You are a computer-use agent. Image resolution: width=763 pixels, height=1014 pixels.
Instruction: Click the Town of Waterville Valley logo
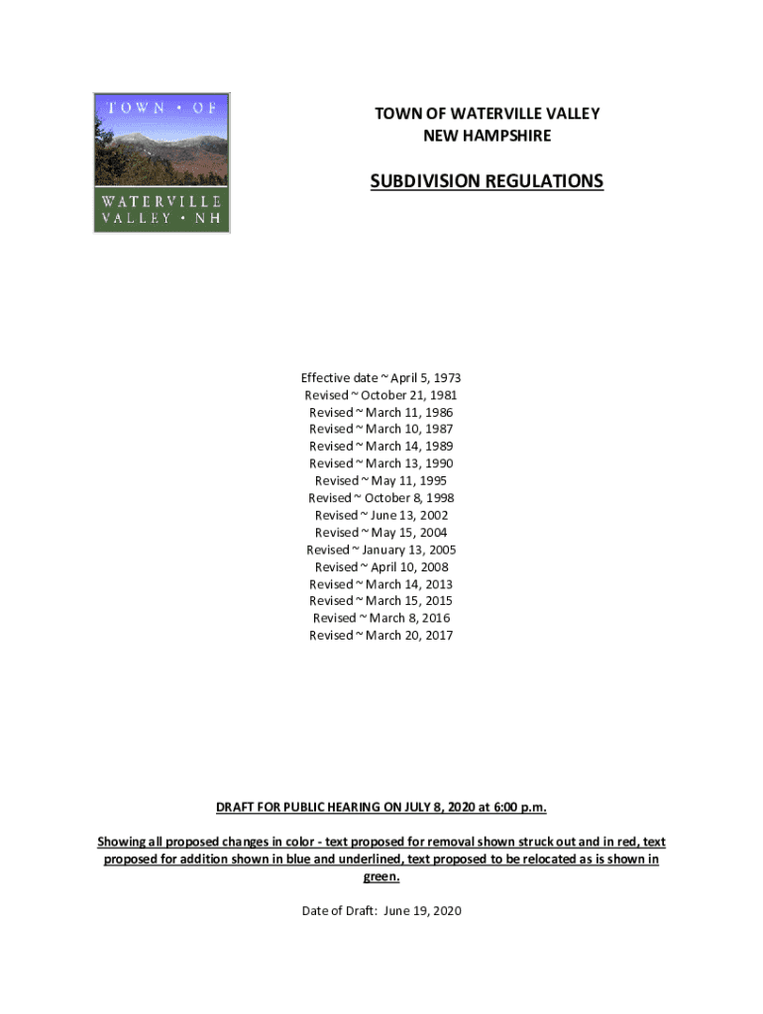click(162, 163)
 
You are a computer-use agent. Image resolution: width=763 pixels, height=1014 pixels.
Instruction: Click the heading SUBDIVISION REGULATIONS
click(487, 181)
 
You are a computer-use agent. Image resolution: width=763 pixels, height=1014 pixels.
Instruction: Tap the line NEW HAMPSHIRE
click(487, 135)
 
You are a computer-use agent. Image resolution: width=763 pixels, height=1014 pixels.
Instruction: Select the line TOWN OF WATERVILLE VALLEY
click(487, 114)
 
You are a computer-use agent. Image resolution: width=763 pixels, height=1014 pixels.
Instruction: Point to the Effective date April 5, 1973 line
click(381, 378)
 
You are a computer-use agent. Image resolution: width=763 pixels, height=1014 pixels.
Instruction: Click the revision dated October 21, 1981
click(381, 395)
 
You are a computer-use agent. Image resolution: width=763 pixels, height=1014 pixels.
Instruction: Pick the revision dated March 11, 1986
click(381, 412)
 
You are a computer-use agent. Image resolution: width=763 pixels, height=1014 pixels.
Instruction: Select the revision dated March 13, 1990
click(381, 463)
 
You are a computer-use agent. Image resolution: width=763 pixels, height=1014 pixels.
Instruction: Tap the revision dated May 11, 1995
click(381, 480)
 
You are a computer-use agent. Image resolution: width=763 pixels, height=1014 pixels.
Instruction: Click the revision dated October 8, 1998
click(381, 498)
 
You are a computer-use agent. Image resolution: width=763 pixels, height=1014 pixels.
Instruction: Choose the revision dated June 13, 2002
click(381, 515)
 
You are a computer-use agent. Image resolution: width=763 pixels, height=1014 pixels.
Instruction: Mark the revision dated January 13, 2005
click(381, 550)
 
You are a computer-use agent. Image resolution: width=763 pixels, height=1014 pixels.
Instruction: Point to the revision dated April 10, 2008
click(381, 566)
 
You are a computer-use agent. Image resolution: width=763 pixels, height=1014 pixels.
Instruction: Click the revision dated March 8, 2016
click(381, 618)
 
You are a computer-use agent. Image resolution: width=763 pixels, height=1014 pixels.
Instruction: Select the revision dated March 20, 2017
click(381, 635)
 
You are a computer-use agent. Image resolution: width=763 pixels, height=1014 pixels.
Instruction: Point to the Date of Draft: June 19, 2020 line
click(381, 911)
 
